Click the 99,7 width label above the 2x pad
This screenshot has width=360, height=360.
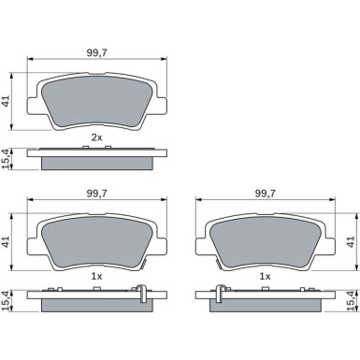click(96, 52)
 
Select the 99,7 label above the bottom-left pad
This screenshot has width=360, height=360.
click(96, 194)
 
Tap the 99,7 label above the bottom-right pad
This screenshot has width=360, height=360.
click(266, 194)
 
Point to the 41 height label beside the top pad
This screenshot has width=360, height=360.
click(7, 102)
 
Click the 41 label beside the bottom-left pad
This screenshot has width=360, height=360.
click(7, 242)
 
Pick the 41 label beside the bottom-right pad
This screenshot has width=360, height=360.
click(352, 242)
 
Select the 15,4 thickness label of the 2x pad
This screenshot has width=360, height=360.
click(7, 159)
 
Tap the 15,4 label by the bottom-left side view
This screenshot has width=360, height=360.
click(7, 301)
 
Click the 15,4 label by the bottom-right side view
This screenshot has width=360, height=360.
click(352, 301)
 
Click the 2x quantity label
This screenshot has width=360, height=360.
click(96, 137)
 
